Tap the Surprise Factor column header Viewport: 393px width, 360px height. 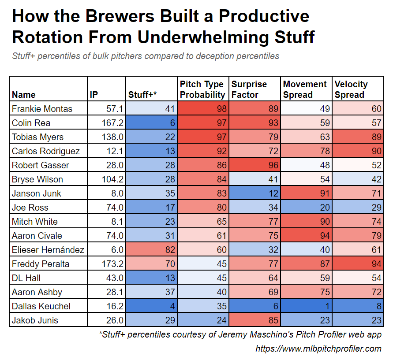[x=249, y=89]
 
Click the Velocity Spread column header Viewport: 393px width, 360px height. [x=351, y=89]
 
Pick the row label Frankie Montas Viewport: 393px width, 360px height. [x=42, y=109]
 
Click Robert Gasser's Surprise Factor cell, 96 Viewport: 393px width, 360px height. [x=255, y=165]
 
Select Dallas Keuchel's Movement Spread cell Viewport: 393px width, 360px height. [x=307, y=306]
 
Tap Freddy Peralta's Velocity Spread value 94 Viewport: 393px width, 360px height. [x=358, y=264]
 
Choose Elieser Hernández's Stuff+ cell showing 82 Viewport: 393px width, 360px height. [x=151, y=250]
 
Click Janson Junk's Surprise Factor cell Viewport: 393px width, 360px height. [x=255, y=193]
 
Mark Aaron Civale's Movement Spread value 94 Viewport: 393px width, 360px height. [x=307, y=236]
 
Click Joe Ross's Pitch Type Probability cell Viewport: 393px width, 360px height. [x=203, y=208]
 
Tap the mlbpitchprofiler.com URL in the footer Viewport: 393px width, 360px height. [x=318, y=349]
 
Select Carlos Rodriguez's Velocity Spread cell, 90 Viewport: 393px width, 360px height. [x=358, y=151]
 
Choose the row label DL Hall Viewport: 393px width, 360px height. [x=26, y=278]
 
